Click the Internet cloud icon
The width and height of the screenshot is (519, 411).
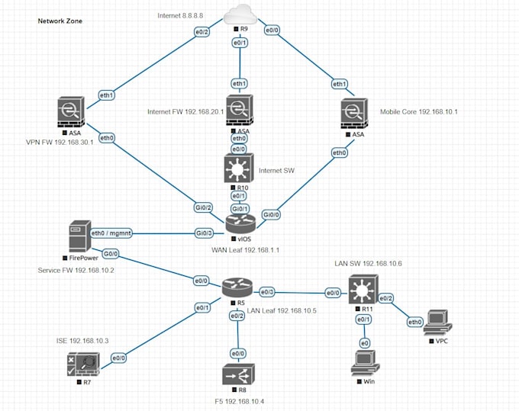240,13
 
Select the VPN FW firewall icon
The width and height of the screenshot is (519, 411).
74,111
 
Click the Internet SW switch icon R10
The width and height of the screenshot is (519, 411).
239,169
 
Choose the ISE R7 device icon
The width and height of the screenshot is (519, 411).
82,363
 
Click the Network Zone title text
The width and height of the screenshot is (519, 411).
60,21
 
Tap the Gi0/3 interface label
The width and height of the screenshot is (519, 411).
204,233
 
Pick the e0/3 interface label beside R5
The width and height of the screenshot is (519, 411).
267,291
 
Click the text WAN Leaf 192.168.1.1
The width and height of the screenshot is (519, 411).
245,249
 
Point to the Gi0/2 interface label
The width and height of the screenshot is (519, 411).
203,207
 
